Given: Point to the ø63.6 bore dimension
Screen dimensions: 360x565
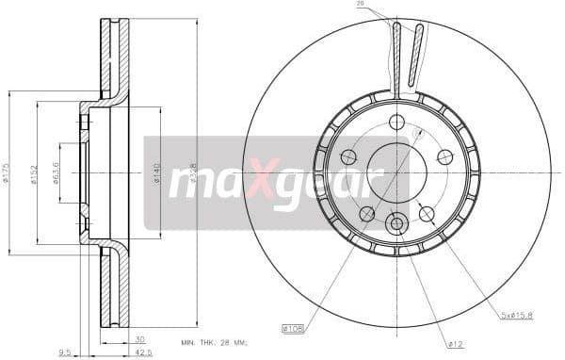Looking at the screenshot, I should pyautogui.click(x=56, y=172).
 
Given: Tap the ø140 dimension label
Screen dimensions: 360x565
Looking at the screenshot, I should pyautogui.click(x=156, y=172).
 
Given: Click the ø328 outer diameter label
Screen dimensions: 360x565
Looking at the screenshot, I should pyautogui.click(x=194, y=172).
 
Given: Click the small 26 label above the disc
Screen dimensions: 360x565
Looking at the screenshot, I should pyautogui.click(x=361, y=5).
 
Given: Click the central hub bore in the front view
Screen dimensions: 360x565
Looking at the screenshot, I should pyautogui.click(x=396, y=172).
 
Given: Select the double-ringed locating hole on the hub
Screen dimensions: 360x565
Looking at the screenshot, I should pyautogui.click(x=396, y=223).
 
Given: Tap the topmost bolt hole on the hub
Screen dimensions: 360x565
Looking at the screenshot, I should pyautogui.click(x=396, y=122).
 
